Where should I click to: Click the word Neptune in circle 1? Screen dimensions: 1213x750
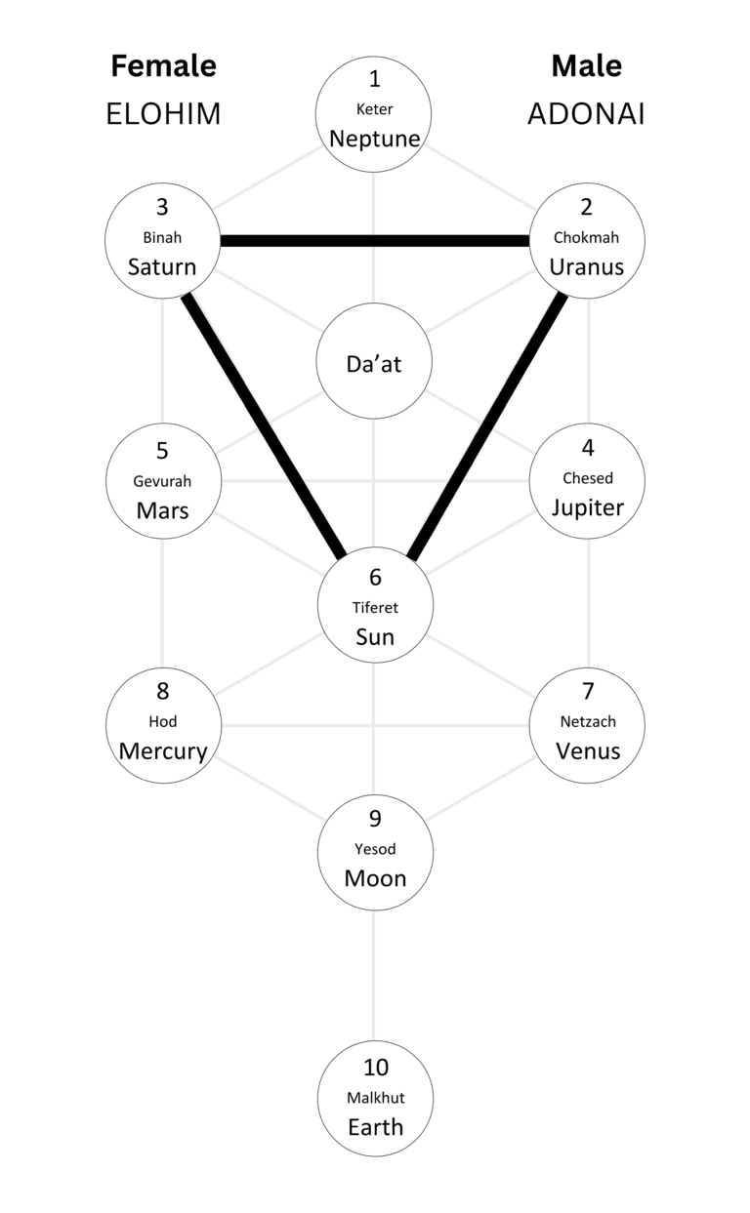click(x=375, y=139)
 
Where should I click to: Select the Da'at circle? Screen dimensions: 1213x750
click(x=375, y=363)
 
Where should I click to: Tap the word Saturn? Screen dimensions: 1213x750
click(x=162, y=266)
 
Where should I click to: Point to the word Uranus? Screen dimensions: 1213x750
click(x=586, y=266)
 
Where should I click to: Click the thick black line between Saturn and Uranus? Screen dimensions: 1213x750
click(x=375, y=240)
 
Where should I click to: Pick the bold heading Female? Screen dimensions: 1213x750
click(x=163, y=66)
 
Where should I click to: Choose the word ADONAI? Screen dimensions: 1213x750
click(x=586, y=114)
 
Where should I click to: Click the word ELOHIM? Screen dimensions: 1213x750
click(x=163, y=114)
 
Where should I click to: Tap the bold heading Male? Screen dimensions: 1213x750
click(x=586, y=66)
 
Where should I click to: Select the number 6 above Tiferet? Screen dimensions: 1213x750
click(x=375, y=577)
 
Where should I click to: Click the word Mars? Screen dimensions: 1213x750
click(x=162, y=510)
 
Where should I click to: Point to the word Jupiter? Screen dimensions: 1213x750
click(x=587, y=507)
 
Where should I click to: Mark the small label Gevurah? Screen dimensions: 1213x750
click(x=162, y=481)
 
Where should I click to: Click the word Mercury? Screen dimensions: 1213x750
click(x=163, y=751)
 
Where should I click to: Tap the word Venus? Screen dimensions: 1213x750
click(x=587, y=751)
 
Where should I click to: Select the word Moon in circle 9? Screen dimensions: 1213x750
click(x=375, y=878)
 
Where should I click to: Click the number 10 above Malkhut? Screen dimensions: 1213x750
click(x=375, y=1068)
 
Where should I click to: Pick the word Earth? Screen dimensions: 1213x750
click(x=375, y=1127)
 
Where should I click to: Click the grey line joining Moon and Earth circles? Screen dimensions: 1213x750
click(x=374, y=976)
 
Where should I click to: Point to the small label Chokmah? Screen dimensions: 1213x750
click(x=586, y=237)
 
